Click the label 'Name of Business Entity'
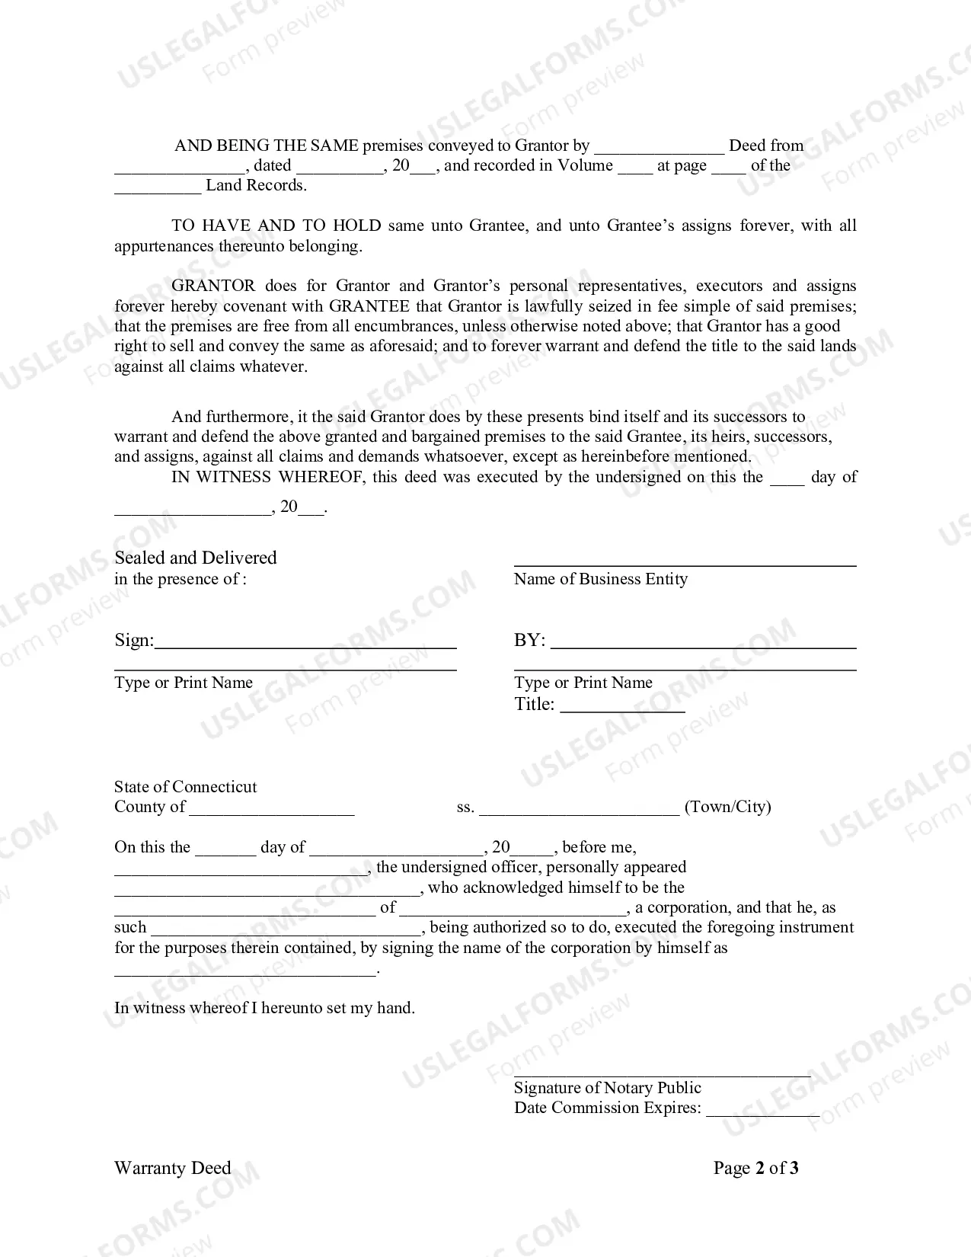pos(600,579)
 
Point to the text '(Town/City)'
pos(727,807)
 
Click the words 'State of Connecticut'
pos(185,787)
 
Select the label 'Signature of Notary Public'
pos(607,1088)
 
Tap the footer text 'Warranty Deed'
pos(172,1169)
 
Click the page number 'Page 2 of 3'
pos(755,1169)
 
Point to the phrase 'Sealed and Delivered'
pos(195,558)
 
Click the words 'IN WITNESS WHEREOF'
pos(221,478)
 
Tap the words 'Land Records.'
pos(256,185)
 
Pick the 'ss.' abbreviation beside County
pos(465,808)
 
